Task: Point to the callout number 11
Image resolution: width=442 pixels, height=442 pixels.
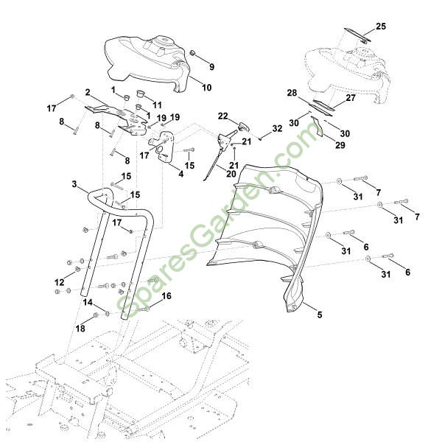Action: click(157, 105)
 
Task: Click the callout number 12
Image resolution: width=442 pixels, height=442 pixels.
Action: click(60, 283)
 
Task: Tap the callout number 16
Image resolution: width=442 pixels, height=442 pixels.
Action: click(166, 296)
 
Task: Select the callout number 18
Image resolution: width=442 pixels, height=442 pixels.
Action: click(80, 327)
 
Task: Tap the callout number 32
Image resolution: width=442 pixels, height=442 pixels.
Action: click(256, 128)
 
